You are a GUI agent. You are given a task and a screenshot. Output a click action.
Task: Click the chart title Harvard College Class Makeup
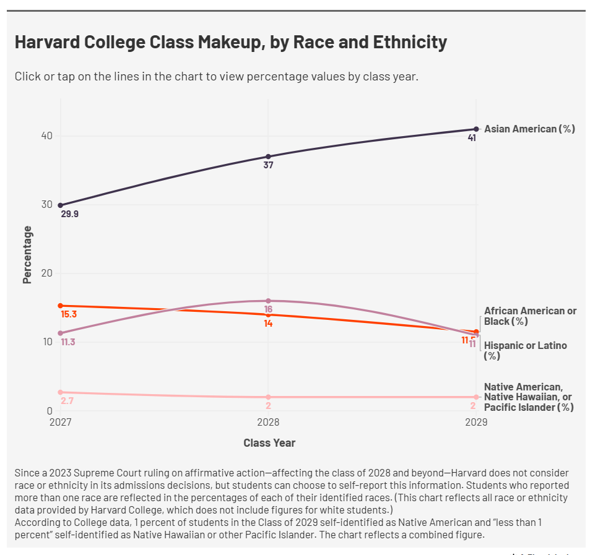230,43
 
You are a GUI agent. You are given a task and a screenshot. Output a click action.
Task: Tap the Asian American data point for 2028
268,157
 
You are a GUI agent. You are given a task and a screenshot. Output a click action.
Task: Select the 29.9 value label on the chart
70,214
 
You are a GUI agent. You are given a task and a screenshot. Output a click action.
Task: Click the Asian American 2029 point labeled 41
476,129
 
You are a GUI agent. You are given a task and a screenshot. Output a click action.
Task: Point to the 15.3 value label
69,314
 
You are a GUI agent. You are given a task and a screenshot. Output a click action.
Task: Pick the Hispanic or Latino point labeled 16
268,301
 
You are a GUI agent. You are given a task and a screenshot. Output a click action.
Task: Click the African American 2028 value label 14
268,323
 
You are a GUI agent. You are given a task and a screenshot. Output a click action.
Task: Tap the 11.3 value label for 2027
68,342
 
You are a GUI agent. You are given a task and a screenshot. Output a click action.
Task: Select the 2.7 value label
67,401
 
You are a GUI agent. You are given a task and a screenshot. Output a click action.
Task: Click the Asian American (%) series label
529,129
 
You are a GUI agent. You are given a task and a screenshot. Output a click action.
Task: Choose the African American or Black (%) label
530,316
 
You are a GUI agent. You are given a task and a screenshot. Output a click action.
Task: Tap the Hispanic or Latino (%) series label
525,350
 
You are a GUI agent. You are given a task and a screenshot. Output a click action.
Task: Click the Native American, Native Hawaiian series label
529,397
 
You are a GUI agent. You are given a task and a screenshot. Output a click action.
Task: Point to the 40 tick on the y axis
47,136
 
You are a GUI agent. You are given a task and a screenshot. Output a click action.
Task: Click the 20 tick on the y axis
47,273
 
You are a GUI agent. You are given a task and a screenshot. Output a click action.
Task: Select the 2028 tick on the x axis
268,423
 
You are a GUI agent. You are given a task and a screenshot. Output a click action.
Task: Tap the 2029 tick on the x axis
476,423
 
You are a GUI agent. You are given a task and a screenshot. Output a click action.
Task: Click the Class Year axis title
269,443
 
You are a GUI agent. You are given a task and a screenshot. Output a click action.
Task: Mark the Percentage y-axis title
27,255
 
